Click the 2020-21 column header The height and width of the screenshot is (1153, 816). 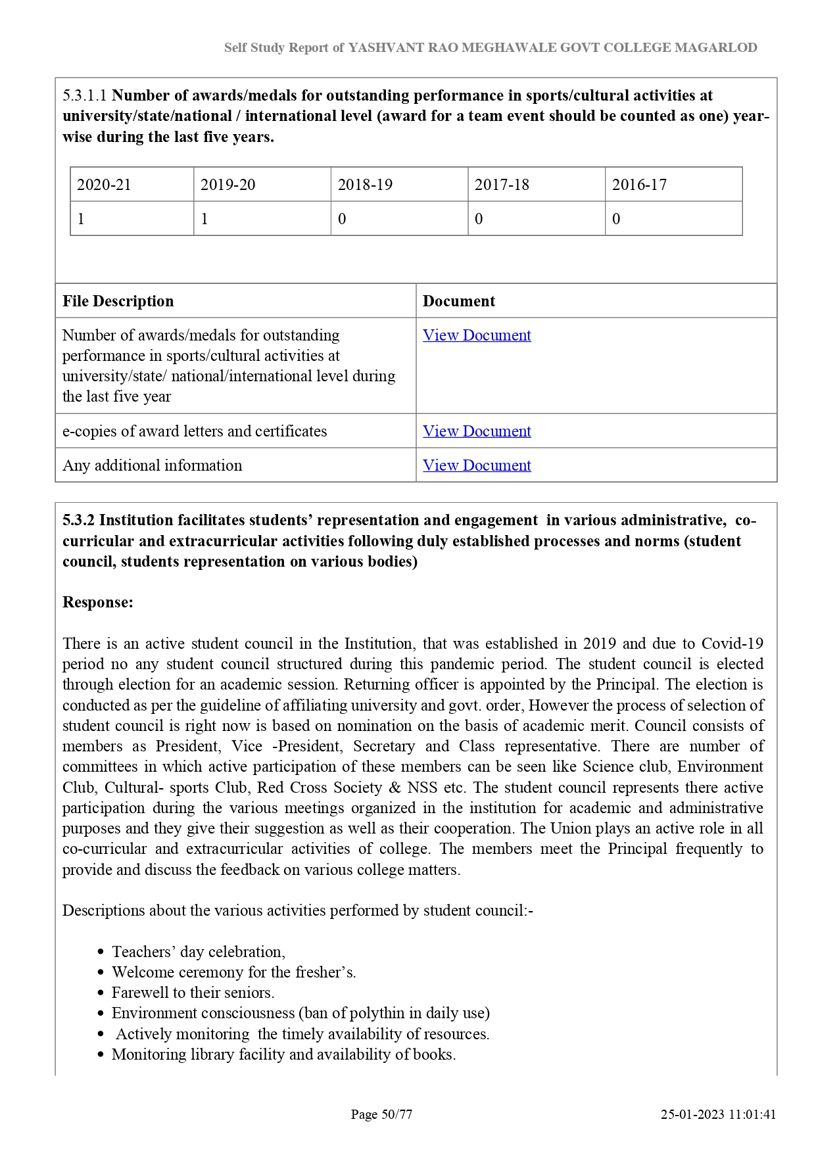tap(104, 185)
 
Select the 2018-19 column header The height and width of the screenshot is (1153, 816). tap(365, 185)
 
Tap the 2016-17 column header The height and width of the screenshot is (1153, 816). tap(639, 185)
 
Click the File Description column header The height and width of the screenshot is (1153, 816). tap(118, 301)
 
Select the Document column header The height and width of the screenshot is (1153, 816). tap(459, 301)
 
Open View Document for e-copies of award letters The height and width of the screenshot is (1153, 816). tap(477, 431)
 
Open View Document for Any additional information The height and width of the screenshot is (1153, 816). tap(477, 465)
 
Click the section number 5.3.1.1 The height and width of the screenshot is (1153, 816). tap(85, 95)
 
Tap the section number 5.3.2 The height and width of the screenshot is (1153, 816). tap(78, 520)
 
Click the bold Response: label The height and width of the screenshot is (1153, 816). tap(98, 602)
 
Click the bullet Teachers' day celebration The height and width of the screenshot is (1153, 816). tap(199, 952)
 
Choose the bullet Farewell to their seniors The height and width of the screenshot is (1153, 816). tap(193, 993)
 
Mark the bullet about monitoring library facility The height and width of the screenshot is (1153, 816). tap(283, 1054)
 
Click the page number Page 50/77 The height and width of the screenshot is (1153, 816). tap(381, 1114)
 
